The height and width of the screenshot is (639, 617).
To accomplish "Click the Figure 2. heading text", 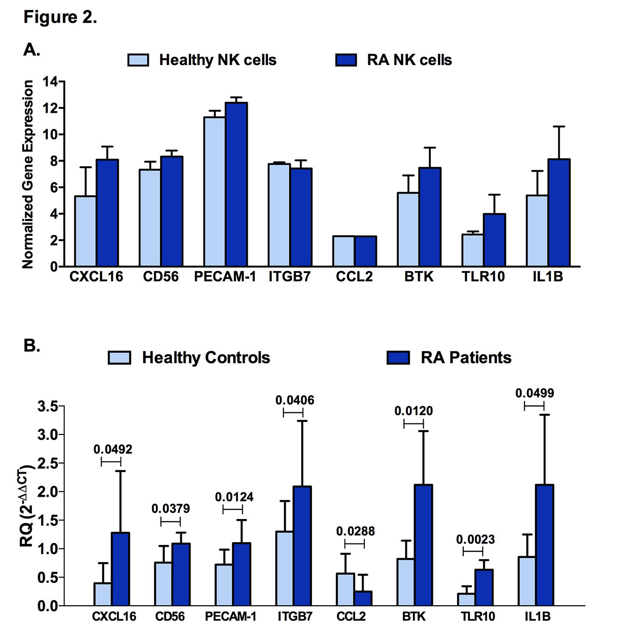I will click(60, 17).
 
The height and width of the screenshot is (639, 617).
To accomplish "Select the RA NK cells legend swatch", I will click(346, 60).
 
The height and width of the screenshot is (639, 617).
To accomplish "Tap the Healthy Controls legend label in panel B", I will click(206, 358).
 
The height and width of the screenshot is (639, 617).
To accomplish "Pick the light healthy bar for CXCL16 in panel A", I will click(85, 231).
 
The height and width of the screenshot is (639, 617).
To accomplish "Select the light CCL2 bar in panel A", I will click(344, 251).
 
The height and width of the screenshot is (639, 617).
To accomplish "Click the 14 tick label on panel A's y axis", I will click(50, 82).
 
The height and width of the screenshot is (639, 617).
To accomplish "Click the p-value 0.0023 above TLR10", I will click(475, 540).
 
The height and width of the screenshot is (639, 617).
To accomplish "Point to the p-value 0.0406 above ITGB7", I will click(295, 400).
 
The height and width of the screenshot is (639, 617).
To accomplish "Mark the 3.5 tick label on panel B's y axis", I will click(48, 407).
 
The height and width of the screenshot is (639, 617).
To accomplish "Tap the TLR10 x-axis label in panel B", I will click(478, 617).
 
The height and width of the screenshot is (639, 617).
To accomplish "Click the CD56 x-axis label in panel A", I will click(161, 277).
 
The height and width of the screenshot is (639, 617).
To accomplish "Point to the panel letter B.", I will click(31, 346).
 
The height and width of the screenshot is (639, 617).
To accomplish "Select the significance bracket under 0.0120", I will click(414, 423).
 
